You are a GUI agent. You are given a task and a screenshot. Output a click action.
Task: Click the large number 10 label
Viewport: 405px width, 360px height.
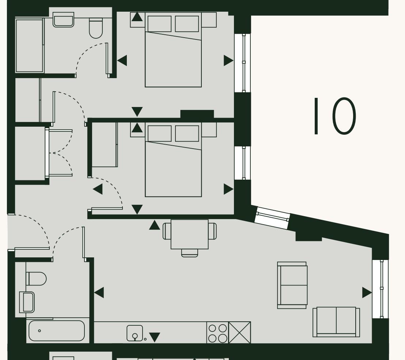(334, 116)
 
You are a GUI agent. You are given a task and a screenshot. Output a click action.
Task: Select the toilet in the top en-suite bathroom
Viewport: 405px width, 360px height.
(96, 28)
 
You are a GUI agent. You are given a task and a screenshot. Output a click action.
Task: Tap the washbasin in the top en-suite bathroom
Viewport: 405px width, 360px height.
(63, 20)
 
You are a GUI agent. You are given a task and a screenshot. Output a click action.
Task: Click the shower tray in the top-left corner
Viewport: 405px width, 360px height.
(29, 45)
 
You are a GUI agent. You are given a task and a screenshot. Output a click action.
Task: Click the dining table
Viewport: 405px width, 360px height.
(189, 234)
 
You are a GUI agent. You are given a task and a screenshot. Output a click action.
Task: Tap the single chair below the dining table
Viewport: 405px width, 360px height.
(189, 253)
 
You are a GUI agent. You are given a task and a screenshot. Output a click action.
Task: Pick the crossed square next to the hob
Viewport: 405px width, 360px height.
(240, 333)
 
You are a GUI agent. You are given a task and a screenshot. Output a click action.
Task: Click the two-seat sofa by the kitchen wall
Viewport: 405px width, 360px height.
(336, 322)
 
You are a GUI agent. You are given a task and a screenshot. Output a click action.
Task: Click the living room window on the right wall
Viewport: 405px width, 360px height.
(381, 289)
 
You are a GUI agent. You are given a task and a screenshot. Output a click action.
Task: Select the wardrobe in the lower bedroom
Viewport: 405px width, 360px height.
(104, 145)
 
